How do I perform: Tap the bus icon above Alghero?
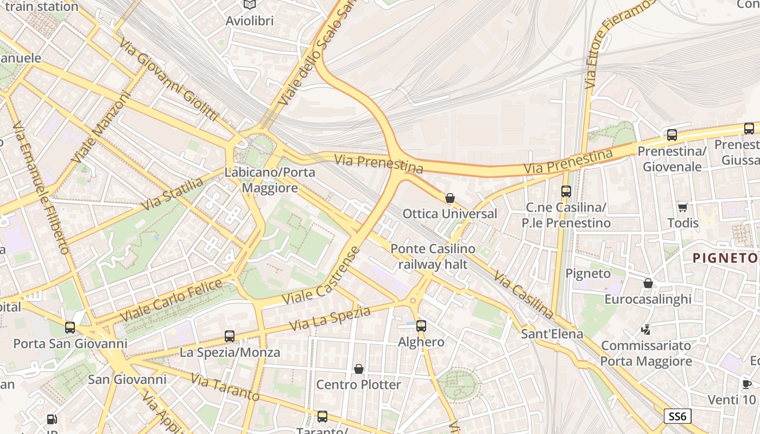(x=421, y=326)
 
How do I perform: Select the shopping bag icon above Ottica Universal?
(x=449, y=198)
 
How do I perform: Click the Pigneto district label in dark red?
(x=725, y=258)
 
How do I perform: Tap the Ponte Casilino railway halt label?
(x=433, y=257)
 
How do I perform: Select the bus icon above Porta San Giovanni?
(x=70, y=328)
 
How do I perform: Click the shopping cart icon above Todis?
(x=682, y=207)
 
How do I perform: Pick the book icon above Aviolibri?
(x=249, y=5)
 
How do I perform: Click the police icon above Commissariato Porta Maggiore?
(x=645, y=329)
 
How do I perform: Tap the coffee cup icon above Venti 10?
(x=747, y=384)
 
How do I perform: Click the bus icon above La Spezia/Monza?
(x=230, y=336)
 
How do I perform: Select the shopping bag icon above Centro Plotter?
(x=358, y=369)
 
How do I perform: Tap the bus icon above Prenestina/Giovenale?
(x=672, y=135)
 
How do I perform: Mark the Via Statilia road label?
(x=172, y=194)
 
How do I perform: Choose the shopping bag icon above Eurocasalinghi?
(x=648, y=283)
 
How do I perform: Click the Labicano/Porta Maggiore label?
(x=270, y=180)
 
